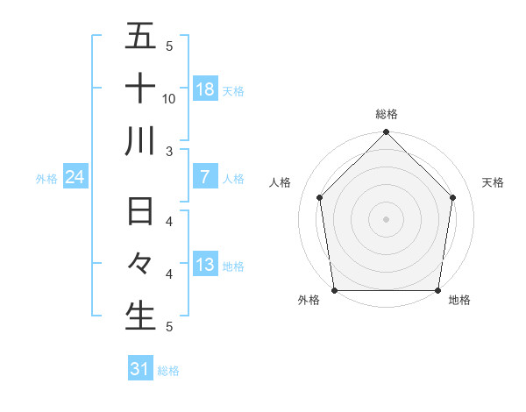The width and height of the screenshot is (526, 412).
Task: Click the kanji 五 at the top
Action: tap(140, 37)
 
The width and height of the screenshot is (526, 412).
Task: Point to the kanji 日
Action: tap(140, 214)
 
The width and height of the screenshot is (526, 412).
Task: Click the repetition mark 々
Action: tap(140, 264)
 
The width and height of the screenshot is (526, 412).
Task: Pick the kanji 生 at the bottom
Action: tap(140, 316)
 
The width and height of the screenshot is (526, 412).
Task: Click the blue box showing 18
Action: tap(205, 89)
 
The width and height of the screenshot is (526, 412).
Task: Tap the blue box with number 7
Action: tap(205, 177)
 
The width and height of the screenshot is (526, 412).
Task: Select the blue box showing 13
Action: tap(205, 265)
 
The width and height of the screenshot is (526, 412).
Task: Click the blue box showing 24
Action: tap(75, 177)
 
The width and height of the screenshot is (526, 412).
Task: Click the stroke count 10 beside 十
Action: tap(169, 98)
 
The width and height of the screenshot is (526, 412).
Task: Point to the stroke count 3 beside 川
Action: tap(170, 151)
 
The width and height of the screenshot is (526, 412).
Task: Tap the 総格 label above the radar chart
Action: tap(387, 114)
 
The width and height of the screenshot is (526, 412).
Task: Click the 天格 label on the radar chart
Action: tap(494, 182)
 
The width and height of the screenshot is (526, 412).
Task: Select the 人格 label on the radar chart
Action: tap(280, 182)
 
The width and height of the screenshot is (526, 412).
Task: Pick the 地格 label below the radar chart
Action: tap(459, 301)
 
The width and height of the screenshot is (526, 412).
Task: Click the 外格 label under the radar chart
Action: tap(309, 301)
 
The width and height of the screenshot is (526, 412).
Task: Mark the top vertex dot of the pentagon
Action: tap(387, 133)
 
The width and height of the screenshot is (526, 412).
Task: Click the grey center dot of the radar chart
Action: tap(387, 218)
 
